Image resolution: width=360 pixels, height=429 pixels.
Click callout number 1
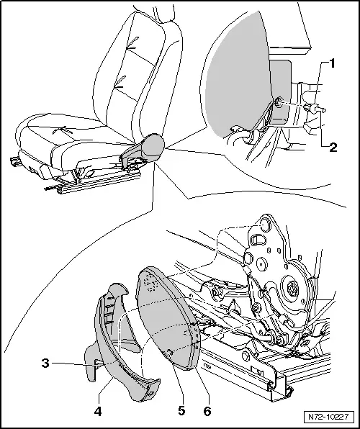point(332,63)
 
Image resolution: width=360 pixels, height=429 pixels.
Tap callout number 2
point(333,148)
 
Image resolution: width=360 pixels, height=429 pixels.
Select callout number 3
point(45,363)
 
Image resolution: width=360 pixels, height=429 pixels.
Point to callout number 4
point(98,411)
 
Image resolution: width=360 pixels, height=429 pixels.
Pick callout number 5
point(181,410)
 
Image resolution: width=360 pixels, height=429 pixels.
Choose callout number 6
point(207,411)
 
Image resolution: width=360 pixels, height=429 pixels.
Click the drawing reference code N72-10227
point(328,417)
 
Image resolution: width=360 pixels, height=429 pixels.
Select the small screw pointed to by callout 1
point(315,109)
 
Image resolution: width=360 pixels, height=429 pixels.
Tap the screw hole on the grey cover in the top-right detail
point(279,102)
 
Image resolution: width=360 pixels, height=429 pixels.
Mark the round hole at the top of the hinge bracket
point(265,225)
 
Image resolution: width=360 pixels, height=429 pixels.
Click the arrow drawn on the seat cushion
point(63,130)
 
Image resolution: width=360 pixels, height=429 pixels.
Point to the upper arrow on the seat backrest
point(133,44)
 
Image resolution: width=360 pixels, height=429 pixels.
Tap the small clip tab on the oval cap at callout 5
point(169,353)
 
